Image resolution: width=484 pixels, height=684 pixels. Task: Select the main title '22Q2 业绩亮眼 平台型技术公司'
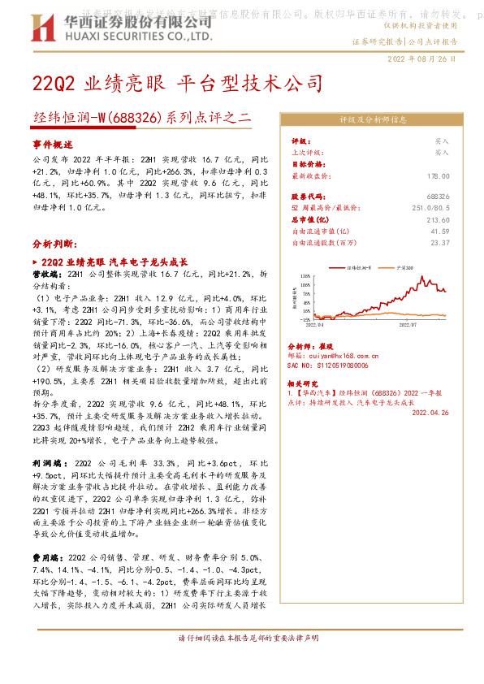point(177,84)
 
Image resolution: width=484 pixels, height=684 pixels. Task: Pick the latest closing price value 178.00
point(439,175)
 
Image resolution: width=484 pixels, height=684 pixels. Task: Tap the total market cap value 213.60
point(439,220)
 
